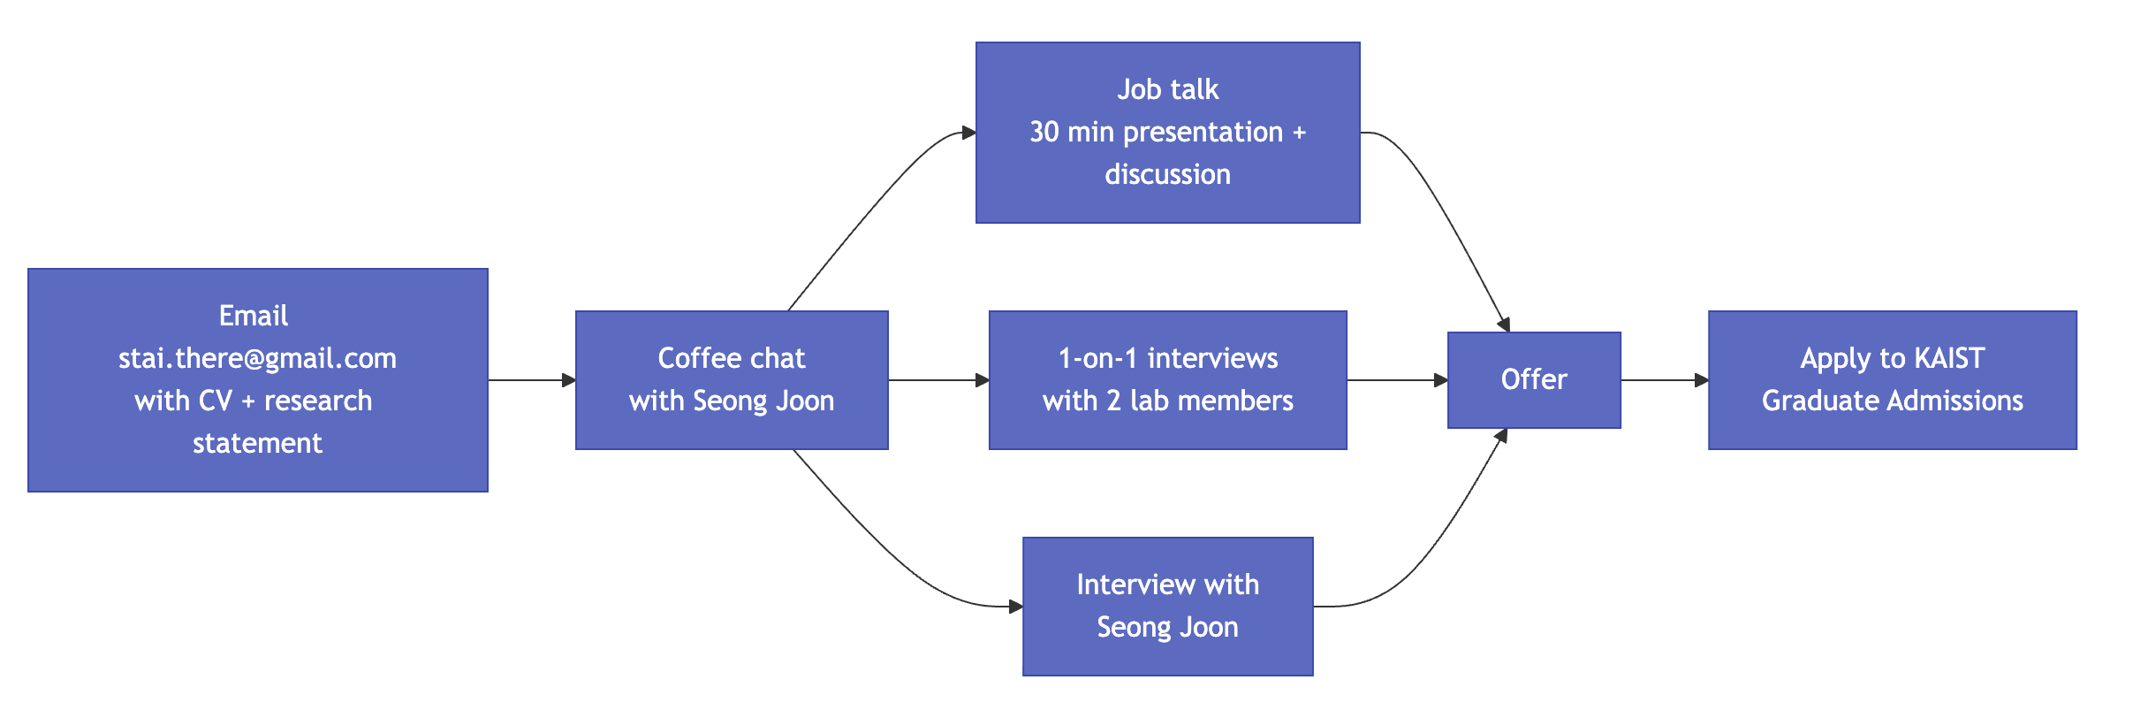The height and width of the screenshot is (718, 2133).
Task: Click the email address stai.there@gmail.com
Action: pos(257,358)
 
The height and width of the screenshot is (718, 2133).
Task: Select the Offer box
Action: pos(1534,380)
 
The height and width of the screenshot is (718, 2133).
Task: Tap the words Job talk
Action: pos(1167,89)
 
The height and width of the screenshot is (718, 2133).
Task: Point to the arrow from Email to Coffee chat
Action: pos(530,380)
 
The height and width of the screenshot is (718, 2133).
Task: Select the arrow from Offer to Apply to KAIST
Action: pos(1664,380)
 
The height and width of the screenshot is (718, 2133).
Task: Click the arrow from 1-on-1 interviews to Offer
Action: pos(1396,380)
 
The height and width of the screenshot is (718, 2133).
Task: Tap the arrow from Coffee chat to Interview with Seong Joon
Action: pos(884,548)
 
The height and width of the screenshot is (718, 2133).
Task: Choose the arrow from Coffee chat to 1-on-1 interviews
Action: pos(937,380)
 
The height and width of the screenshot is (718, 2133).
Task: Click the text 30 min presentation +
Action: pos(1167,132)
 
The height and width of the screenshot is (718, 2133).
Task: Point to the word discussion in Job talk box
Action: pos(1167,174)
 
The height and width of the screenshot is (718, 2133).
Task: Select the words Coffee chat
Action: pos(732,358)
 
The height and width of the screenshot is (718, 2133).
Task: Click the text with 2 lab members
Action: pos(1167,401)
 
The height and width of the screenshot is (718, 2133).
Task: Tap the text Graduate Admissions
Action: pos(1892,401)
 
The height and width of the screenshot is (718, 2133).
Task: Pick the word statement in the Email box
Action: pos(257,443)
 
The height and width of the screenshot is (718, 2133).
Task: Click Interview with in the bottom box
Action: pos(1167,584)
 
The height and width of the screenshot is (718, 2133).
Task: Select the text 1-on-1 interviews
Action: pos(1167,358)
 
